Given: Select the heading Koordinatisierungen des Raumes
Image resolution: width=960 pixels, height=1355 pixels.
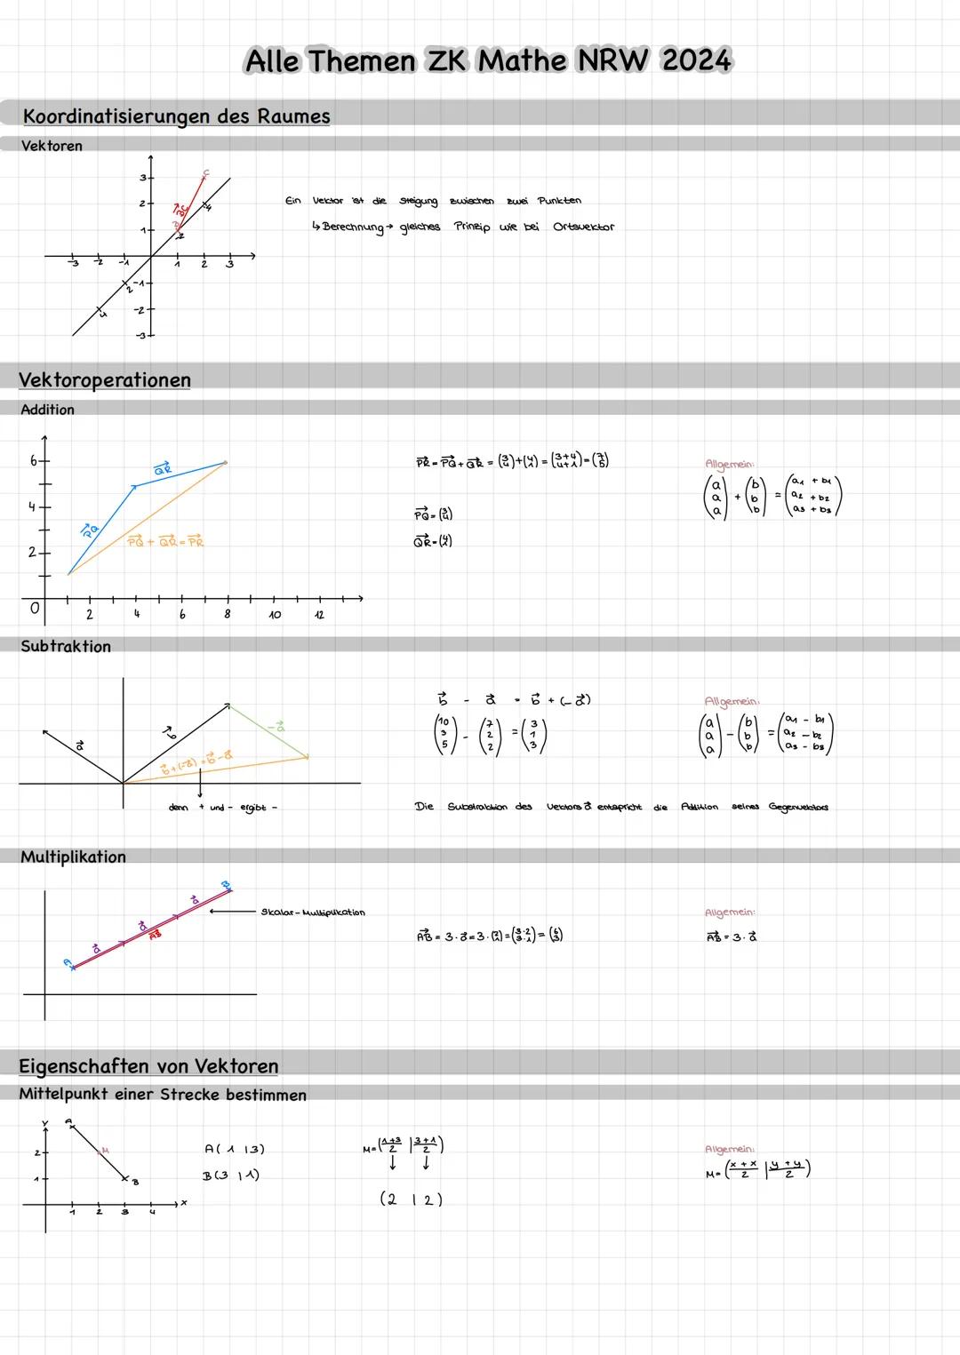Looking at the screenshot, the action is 176,116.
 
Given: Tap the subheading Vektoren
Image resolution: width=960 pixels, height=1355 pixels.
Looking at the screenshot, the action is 52,146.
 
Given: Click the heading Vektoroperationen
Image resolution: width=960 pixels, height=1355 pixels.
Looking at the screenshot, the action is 105,380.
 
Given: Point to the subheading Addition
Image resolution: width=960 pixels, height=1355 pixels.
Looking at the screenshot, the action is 47,410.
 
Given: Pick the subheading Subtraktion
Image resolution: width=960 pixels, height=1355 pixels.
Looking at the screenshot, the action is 66,647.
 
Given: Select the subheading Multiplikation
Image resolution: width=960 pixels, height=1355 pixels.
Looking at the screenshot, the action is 73,857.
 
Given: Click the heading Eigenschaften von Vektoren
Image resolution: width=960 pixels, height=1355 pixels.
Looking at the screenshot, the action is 148,1066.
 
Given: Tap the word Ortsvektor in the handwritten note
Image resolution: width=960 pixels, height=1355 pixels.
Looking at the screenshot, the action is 583,227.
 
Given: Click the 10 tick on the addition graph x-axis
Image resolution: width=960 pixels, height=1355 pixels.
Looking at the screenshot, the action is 275,614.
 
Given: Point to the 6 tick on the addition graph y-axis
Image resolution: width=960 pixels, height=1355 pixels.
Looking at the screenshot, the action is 34,461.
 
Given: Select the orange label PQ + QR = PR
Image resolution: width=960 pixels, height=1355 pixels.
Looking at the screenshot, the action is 165,541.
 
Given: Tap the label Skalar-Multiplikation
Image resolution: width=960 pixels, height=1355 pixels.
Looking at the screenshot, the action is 313,913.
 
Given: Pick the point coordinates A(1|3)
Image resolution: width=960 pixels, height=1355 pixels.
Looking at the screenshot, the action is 234,1149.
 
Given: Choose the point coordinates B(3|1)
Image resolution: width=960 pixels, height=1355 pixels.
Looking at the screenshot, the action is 230,1176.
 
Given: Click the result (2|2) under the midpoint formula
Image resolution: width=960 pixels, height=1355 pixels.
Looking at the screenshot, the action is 411,1200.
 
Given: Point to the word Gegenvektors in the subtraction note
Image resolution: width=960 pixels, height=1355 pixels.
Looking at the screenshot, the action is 797,807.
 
